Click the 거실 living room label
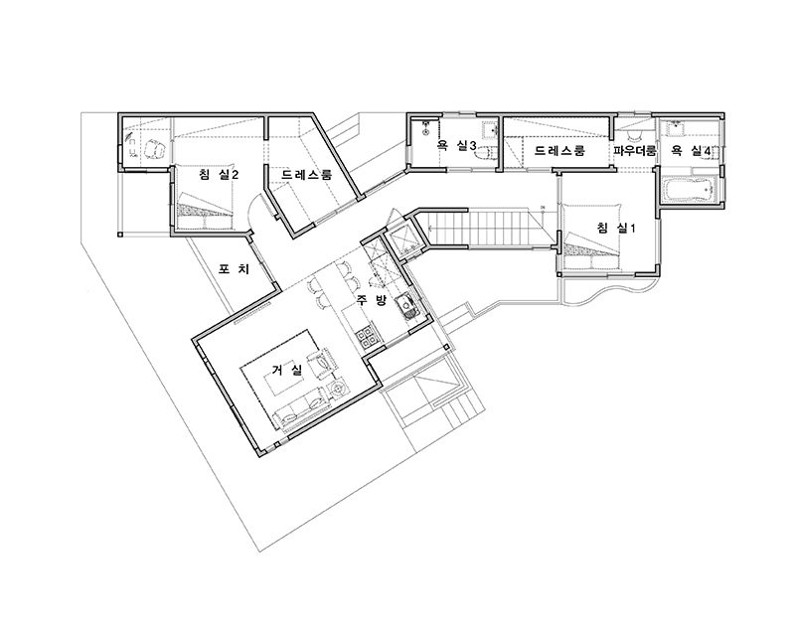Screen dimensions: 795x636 pos(287,371)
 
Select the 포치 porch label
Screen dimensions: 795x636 pos(234,268)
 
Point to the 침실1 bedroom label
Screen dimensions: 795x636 pos(616,229)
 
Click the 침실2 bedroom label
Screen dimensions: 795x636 pos(219,175)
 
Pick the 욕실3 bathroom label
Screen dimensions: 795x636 pos(456,146)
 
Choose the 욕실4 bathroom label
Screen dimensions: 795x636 pos(691,150)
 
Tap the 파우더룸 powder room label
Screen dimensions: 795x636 pos(635,151)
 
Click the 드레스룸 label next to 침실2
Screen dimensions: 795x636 pos(306,175)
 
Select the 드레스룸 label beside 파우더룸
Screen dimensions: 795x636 pos(559,151)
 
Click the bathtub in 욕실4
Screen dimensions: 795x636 pos(689,190)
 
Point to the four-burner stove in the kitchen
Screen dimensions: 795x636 pos(367,337)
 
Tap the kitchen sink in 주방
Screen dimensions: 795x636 pos(407,305)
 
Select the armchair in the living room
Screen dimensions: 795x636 pos(324,361)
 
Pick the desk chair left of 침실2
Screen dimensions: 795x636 pos(154,149)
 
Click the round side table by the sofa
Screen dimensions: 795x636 pos(338,388)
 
